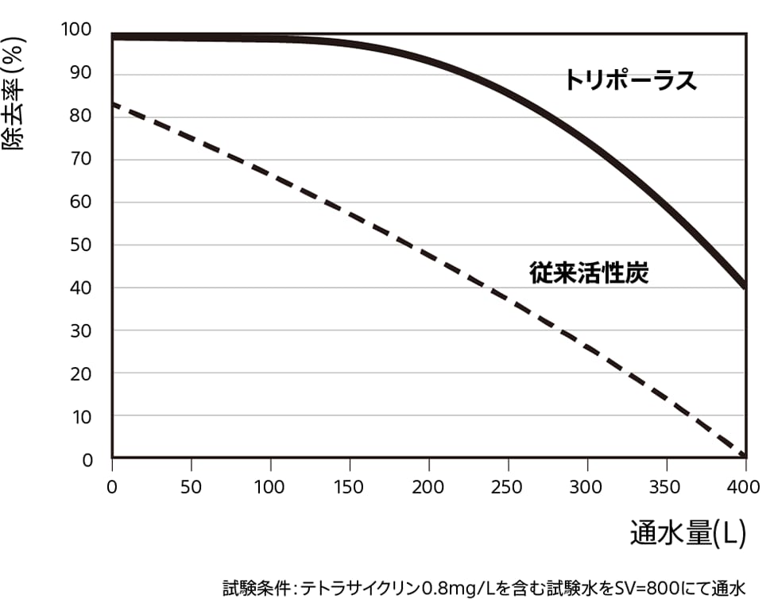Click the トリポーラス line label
630,80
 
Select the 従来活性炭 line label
589,272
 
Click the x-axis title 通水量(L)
688,533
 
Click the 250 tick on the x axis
508,486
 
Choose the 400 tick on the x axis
745,486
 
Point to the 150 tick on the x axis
350,486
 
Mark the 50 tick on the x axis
192,486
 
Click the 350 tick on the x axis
666,486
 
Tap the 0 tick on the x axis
112,486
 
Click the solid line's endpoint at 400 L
745,286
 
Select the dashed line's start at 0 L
114,104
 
